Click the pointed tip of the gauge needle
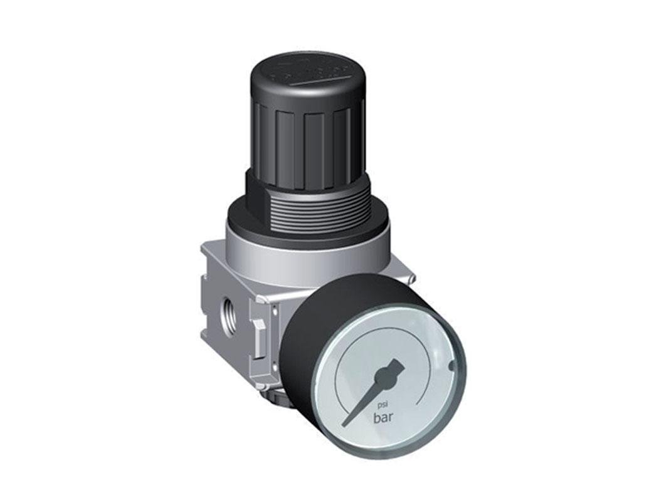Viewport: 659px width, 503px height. [x=345, y=423]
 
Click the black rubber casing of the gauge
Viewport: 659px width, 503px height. [x=326, y=313]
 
